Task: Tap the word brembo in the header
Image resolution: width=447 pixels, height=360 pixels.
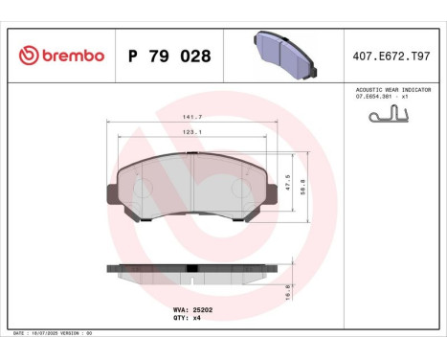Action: (x=71, y=56)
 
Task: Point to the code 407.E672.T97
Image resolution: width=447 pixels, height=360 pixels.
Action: (x=392, y=56)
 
